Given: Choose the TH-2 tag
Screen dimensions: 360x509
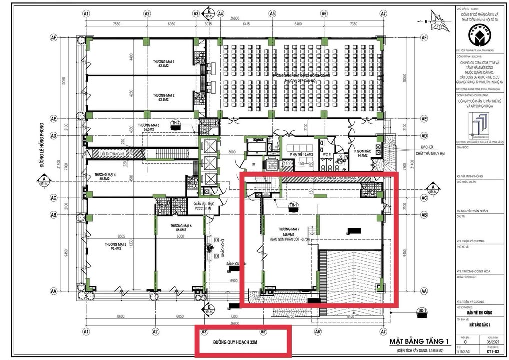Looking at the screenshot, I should coord(176,123).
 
